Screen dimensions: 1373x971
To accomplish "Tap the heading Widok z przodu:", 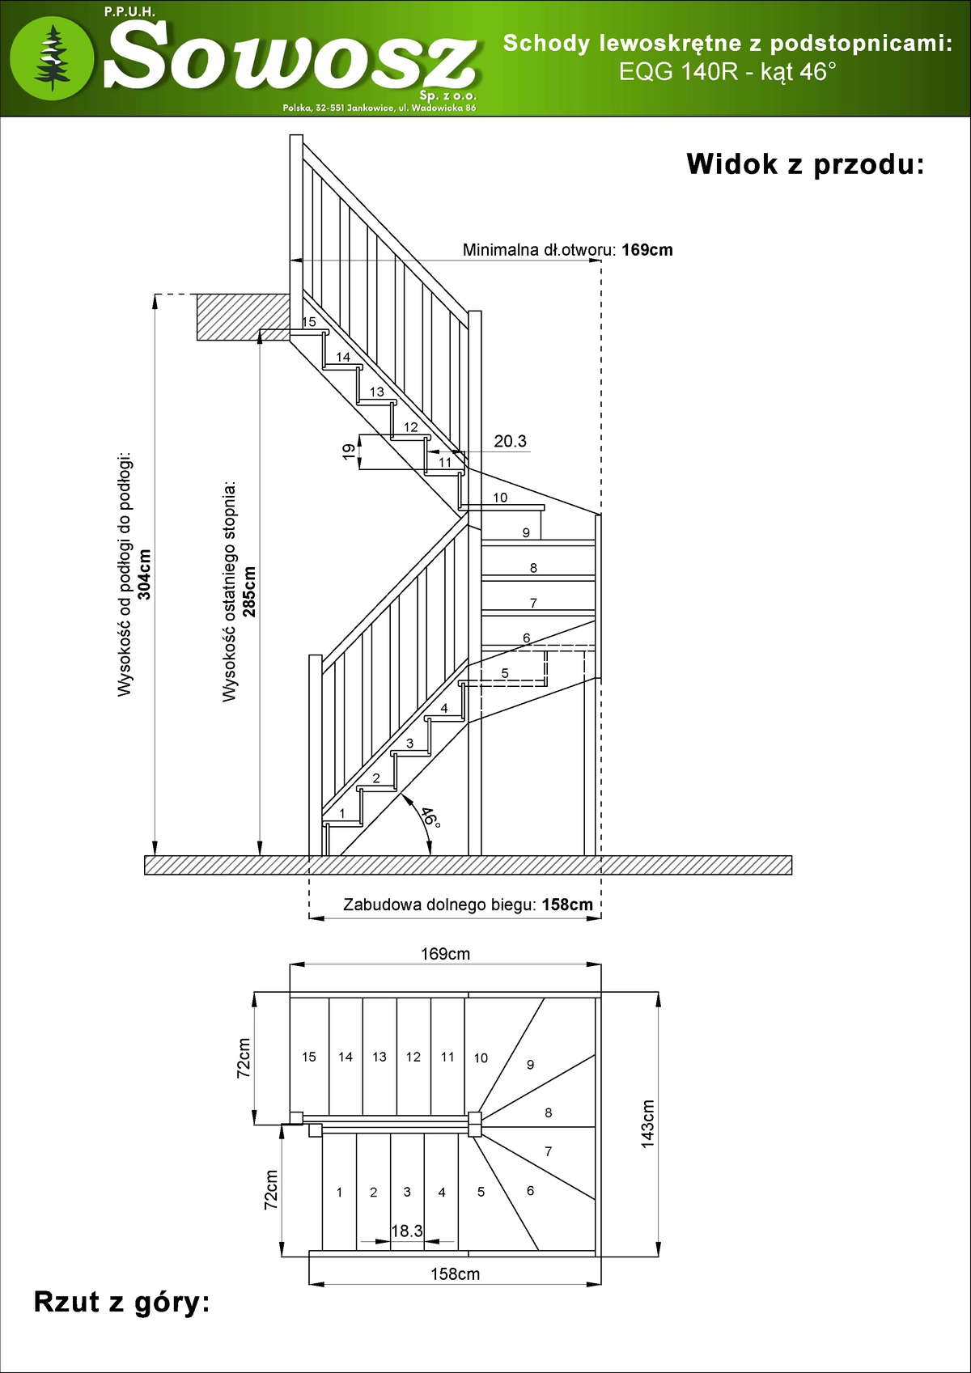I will point(804,164).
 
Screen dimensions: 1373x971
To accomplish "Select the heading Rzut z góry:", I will point(121,1302).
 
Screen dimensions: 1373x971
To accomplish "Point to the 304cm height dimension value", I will point(145,574).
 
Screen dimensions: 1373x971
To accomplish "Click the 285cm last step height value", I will point(249,591).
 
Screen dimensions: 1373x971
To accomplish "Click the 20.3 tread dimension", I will point(510,441).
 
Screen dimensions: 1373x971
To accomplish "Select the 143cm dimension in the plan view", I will point(647,1123).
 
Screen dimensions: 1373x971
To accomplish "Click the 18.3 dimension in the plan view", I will point(407,1231).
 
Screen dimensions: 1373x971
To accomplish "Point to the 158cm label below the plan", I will point(455,1274).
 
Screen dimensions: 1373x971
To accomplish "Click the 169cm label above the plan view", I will point(445,954).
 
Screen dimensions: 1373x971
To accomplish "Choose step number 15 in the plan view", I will point(309,1057).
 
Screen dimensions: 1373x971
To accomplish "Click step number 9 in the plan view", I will point(531,1065).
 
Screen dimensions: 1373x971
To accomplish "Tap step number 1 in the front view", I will point(342,813).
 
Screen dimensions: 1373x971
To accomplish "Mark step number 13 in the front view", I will point(377,392).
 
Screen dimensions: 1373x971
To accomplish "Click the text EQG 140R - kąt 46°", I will point(727,72).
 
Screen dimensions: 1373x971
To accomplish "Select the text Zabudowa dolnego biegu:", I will point(439,905).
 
